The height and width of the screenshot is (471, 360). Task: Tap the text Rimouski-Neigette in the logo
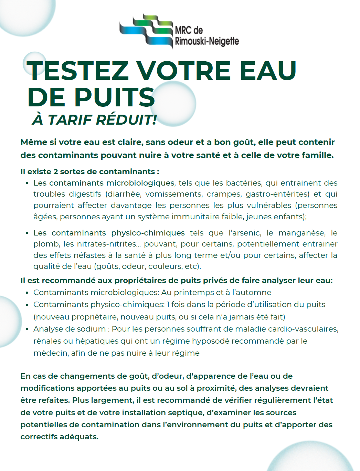click(x=207, y=41)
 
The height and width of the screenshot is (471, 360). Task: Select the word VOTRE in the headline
click(x=184, y=71)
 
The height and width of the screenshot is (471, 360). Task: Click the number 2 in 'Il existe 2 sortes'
click(x=55, y=171)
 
